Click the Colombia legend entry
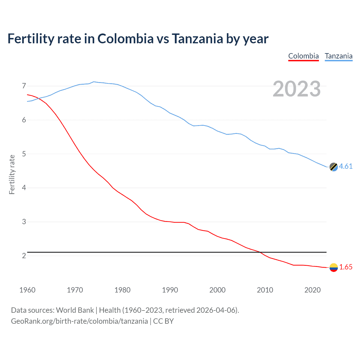[303, 56]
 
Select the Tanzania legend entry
[339, 56]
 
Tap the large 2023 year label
[297, 89]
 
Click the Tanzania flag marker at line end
[334, 167]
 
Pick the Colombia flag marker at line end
[334, 267]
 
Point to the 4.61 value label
[346, 166]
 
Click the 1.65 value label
[346, 267]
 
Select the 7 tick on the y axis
[24, 86]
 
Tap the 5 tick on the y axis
[24, 154]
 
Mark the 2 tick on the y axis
[24, 256]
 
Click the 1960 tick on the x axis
[27, 290]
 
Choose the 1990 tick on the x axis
[170, 290]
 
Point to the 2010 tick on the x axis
[265, 290]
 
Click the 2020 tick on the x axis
[312, 290]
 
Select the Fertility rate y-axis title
[12, 174]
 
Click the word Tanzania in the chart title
[197, 39]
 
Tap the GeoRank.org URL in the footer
[79, 321]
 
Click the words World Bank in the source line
[75, 310]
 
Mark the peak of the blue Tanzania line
[94, 82]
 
